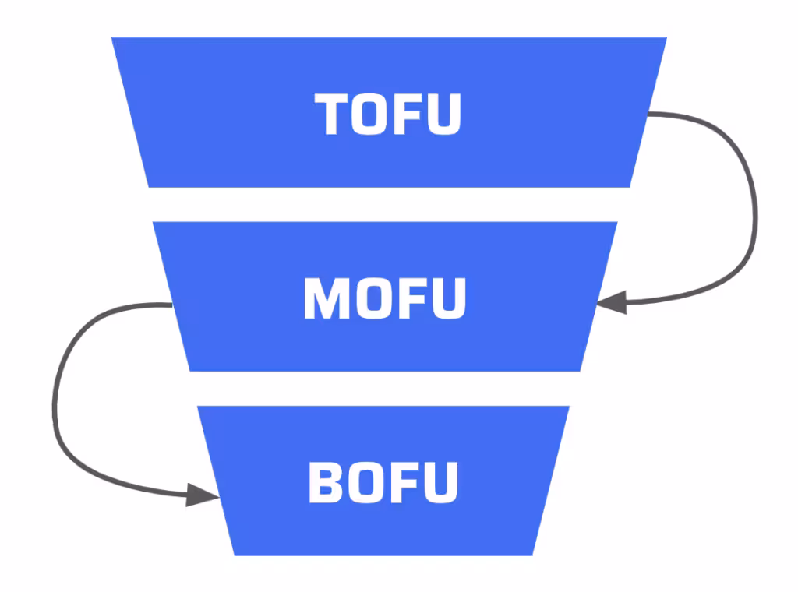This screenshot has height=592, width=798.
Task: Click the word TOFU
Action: click(388, 114)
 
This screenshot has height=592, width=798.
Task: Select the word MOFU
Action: click(384, 298)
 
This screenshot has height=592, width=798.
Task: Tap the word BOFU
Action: click(383, 482)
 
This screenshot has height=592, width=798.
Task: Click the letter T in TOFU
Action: click(334, 114)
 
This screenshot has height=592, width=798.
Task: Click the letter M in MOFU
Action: click(323, 298)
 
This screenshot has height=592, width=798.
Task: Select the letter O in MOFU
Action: click(365, 298)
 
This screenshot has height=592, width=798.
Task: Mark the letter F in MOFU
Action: click(405, 298)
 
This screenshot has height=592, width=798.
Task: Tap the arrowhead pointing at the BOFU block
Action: click(201, 495)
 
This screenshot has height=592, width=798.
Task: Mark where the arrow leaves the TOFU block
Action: click(650, 114)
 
